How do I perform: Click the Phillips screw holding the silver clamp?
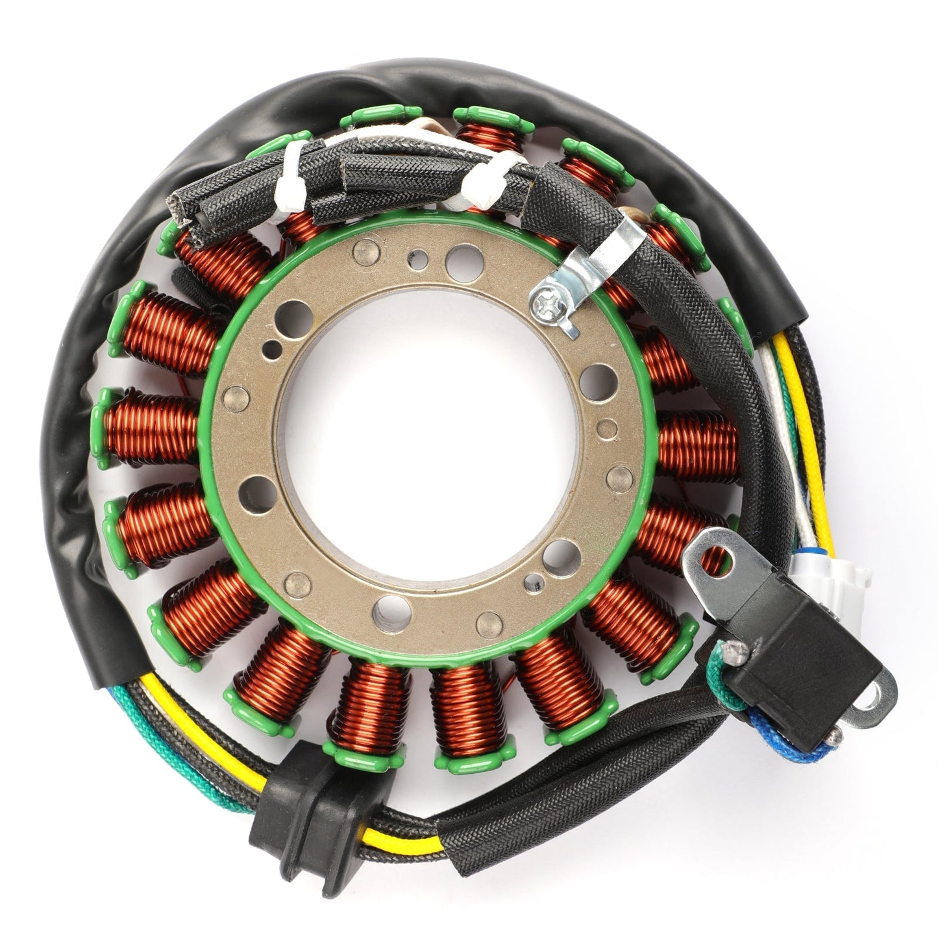[543, 299]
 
